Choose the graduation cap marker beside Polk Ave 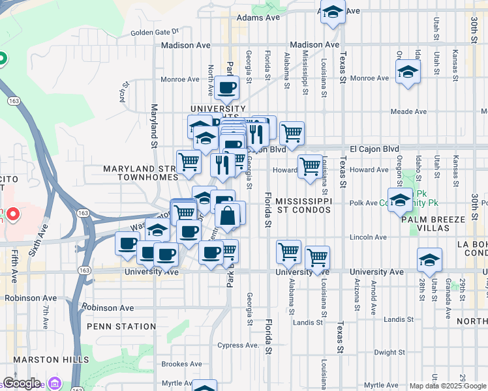tap(400, 199)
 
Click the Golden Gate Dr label tap(155, 31)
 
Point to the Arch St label tap(122, 96)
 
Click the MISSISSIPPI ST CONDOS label tap(303, 205)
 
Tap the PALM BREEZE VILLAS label tap(435, 224)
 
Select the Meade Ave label tap(408, 111)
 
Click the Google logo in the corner tap(22, 383)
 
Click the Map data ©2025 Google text tap(447, 386)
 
